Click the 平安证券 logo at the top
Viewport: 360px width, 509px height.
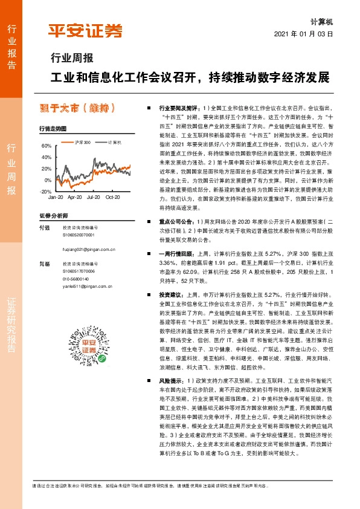(x=85, y=31)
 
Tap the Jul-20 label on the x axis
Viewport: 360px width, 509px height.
(x=93, y=198)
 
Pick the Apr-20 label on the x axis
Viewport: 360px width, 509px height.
(x=74, y=198)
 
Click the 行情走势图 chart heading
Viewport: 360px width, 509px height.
(x=52, y=129)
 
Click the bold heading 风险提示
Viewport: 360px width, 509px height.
(x=172, y=381)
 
